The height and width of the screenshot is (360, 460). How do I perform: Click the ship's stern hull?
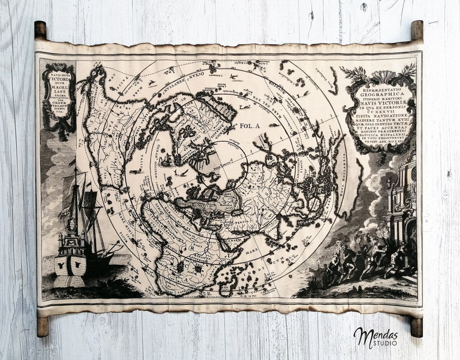(x=70, y=264)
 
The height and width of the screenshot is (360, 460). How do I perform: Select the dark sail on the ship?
(x=90, y=201)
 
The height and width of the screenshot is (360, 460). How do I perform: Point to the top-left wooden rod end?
(x=40, y=30)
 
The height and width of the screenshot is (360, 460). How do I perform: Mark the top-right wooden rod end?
(x=417, y=30)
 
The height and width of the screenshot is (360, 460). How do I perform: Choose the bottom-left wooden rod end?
(x=42, y=326)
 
